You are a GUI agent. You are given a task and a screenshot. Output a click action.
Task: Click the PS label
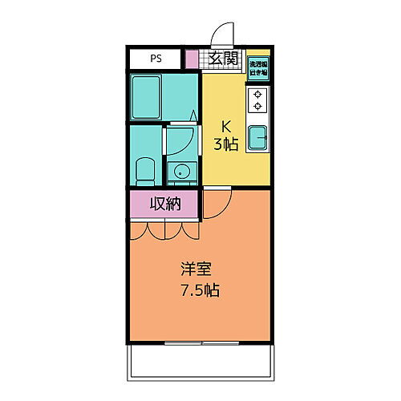(155, 59)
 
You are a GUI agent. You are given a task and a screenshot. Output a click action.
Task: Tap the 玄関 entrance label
(223, 58)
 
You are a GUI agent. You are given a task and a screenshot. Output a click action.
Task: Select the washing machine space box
(257, 67)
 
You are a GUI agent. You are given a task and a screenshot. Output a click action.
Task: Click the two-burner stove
(258, 99)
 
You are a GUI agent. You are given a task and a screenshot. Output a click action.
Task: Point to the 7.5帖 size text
(200, 290)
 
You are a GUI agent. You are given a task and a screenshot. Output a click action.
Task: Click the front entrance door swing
(221, 34)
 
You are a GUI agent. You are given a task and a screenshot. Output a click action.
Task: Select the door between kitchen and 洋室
(217, 204)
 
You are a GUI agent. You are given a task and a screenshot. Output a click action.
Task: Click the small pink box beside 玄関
(191, 59)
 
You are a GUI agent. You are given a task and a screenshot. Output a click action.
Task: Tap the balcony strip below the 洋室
(200, 363)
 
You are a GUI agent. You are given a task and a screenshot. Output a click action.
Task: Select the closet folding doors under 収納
(164, 230)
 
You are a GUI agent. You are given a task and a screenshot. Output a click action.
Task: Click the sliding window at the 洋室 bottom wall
(200, 343)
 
